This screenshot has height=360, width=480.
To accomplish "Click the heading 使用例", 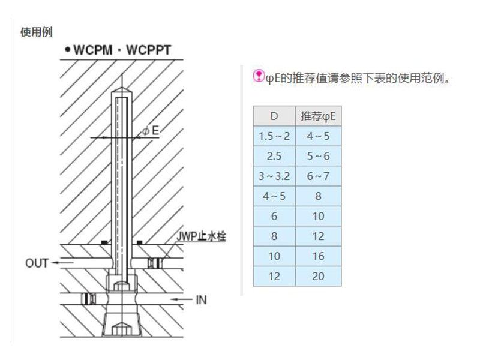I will [x=37, y=32].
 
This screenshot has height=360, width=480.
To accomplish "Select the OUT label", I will [x=37, y=263].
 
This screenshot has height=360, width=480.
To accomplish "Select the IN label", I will [x=202, y=299].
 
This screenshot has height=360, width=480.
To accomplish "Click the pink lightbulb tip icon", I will [x=259, y=76].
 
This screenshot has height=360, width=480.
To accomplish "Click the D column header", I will [x=274, y=116].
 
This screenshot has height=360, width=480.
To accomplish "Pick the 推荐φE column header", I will [x=317, y=116].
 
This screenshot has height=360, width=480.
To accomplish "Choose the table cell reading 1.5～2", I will [x=274, y=136].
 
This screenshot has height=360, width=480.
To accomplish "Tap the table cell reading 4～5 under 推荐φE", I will [x=318, y=136].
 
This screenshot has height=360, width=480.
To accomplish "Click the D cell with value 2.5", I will [x=274, y=156].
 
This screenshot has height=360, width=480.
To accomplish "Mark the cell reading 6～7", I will [x=318, y=176].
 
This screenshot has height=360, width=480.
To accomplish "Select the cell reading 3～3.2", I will [x=274, y=176].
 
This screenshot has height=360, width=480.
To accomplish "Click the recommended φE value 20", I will [x=318, y=276].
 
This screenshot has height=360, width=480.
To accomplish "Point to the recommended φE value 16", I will [x=318, y=256].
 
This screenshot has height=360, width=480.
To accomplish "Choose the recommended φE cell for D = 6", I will [x=318, y=216].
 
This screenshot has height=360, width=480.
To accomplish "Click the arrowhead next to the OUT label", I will [x=54, y=263].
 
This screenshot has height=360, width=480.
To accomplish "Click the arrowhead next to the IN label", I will [x=172, y=299].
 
